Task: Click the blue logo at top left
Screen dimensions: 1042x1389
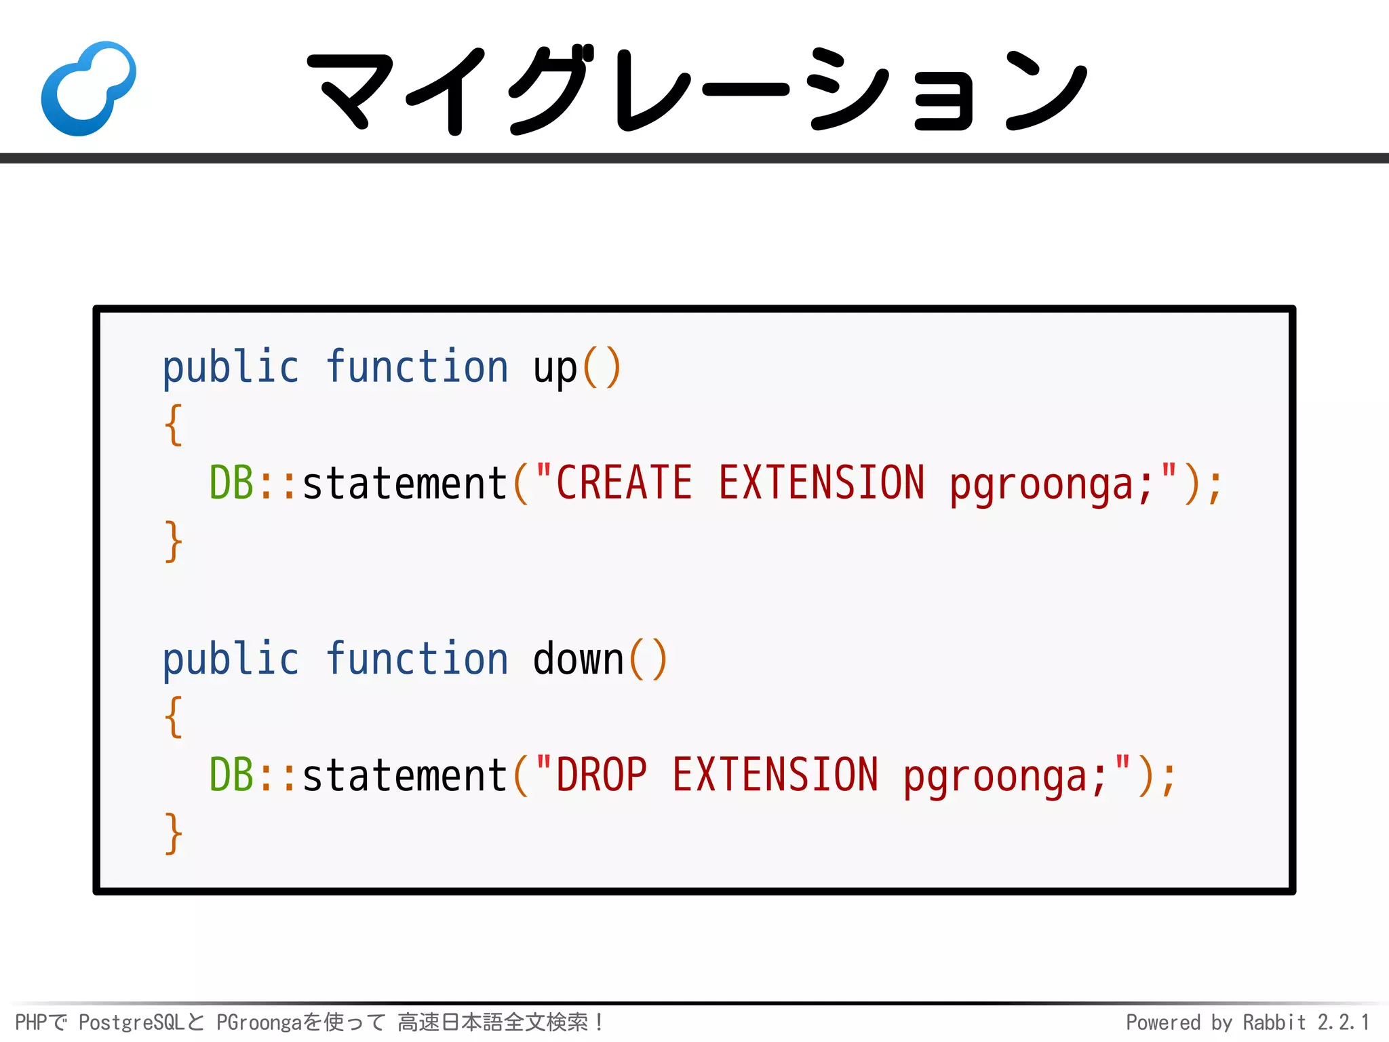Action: tap(88, 88)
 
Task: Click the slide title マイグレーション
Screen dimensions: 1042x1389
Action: tap(697, 90)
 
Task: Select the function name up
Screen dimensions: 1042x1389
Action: tap(555, 368)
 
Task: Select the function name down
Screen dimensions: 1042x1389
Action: tap(578, 659)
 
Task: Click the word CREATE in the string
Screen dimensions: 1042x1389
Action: tap(624, 483)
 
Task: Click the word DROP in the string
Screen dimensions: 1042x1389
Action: tap(601, 775)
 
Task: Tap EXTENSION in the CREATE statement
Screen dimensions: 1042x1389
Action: tap(821, 483)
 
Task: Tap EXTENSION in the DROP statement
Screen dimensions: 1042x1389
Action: tap(775, 775)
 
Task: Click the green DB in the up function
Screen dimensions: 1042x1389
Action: tap(231, 483)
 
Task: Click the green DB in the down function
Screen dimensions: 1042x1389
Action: tap(231, 775)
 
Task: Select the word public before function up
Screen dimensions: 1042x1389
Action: tap(231, 368)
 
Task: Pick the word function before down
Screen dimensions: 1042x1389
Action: tap(416, 659)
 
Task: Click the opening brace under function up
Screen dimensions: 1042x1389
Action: tap(174, 425)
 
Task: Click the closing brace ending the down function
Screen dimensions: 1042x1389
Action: tap(174, 833)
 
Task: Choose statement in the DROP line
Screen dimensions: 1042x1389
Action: tap(405, 775)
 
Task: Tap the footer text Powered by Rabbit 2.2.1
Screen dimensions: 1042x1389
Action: tap(1247, 1022)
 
